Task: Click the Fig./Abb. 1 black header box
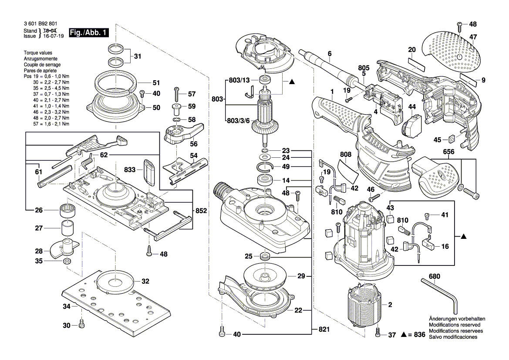88,33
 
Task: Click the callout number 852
201,211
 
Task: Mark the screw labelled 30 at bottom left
81,325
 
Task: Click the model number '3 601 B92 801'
41,24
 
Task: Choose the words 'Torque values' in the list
38,53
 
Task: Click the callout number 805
364,68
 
